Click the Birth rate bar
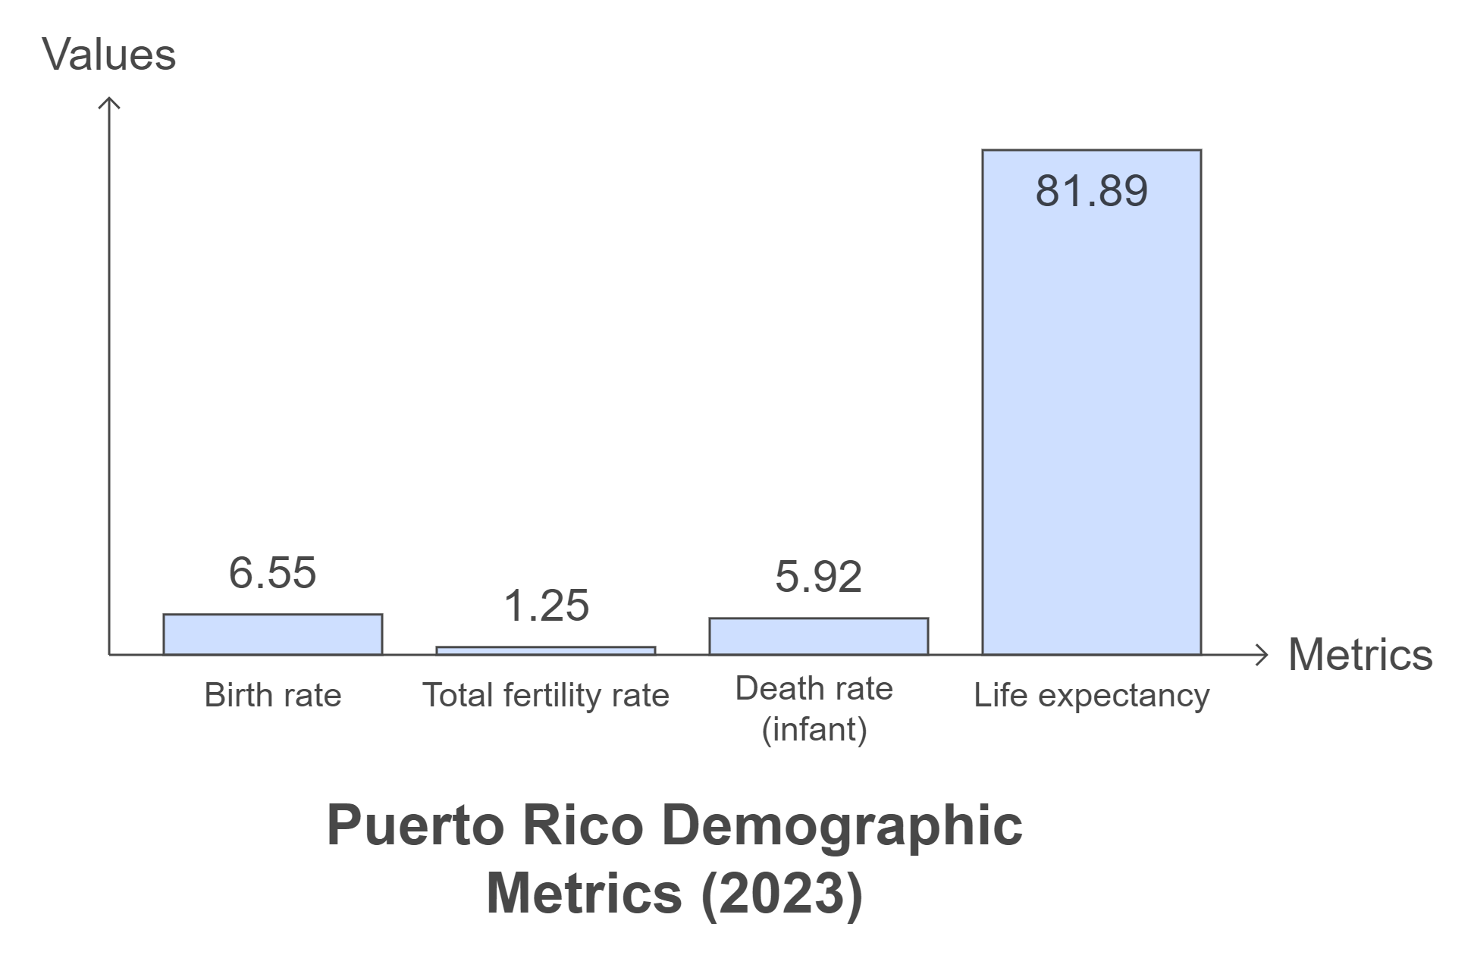pos(272,634)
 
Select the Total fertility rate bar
pos(545,651)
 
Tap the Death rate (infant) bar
pos(818,637)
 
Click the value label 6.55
pos(272,573)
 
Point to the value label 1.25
pos(546,606)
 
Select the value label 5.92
pos(818,578)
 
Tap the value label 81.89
pos(1091,191)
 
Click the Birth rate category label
pos(272,695)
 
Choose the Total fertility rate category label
pos(545,695)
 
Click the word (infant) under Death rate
pos(814,730)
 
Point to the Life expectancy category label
pos(1091,695)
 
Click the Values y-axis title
pos(109,55)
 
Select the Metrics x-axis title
pos(1360,655)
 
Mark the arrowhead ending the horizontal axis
pos(1262,655)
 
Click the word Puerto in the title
pos(415,825)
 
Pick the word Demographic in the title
pos(842,825)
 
